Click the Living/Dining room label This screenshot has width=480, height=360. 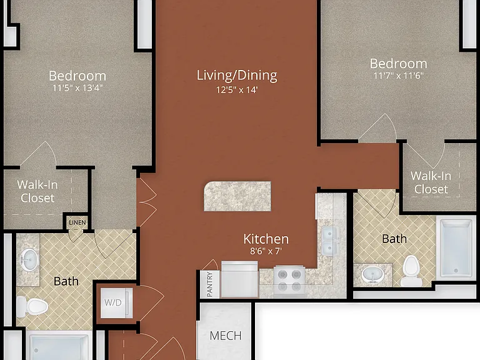point(237,76)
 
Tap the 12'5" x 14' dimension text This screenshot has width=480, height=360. point(237,90)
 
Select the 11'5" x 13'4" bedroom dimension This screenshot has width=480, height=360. point(77,88)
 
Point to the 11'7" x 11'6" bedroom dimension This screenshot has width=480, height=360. point(399,76)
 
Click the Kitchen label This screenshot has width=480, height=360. point(266,239)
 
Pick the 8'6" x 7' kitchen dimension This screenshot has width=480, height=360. point(266,251)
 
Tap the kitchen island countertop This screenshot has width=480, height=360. point(237,196)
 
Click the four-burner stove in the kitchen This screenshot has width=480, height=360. point(289,281)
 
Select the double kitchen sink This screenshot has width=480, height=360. point(329,241)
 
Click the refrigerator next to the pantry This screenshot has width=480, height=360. point(239,279)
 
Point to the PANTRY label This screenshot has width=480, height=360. point(210,284)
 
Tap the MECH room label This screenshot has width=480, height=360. point(226,336)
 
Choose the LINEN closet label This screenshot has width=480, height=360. point(77,222)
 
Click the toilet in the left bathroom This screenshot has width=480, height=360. point(32,306)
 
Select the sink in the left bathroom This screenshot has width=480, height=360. point(29,259)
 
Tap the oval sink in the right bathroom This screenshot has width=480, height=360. point(372,274)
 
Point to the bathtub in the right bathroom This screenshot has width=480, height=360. point(456,248)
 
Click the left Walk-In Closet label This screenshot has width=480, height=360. point(37,191)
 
